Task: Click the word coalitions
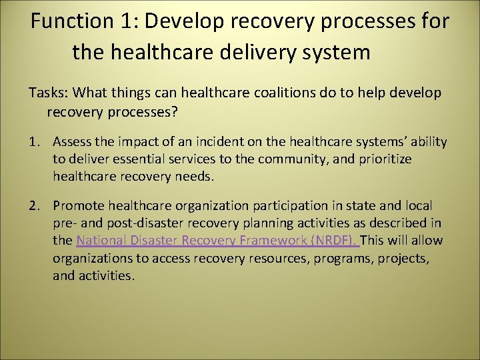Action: coord(255,93)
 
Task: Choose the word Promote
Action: coord(79,206)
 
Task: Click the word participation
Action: coord(287,206)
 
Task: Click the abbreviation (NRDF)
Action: coord(337,241)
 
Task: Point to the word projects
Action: coord(403,258)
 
